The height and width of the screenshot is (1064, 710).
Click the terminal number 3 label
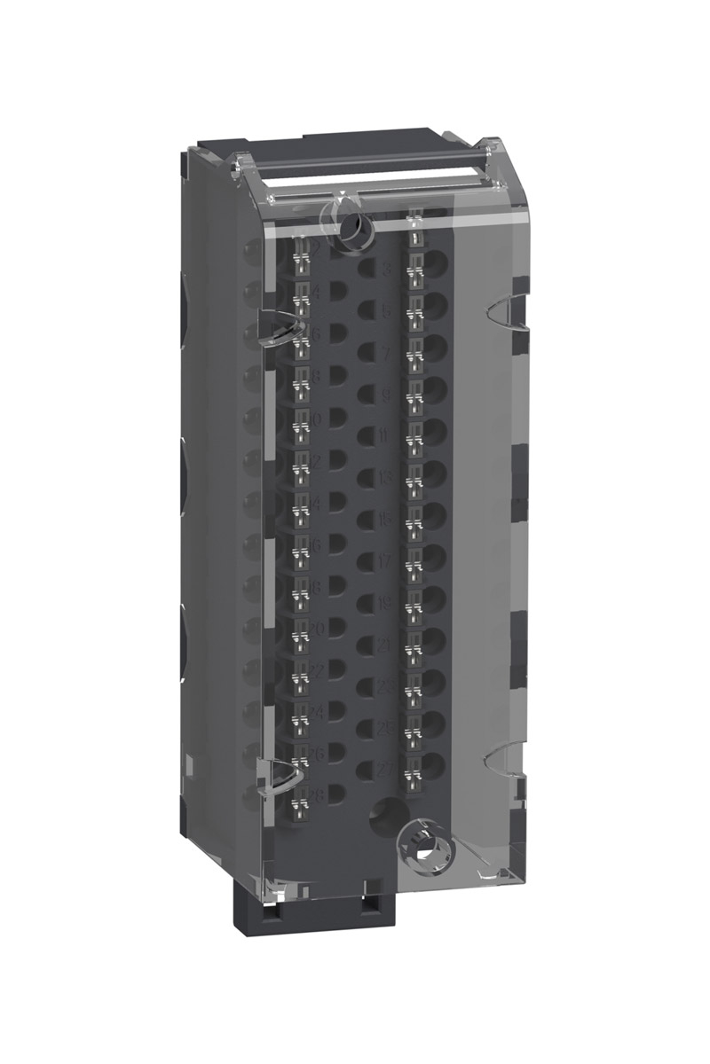pos(386,270)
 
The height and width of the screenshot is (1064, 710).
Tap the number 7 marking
pos(386,353)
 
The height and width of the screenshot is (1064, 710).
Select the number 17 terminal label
pos(386,560)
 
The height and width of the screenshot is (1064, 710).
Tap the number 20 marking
pos(315,630)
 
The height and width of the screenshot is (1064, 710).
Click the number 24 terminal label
pos(315,712)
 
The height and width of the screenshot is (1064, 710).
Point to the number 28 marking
pos(315,794)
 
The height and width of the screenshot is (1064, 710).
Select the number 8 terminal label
pos(315,377)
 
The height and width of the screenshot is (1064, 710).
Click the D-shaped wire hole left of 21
pos(366,645)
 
